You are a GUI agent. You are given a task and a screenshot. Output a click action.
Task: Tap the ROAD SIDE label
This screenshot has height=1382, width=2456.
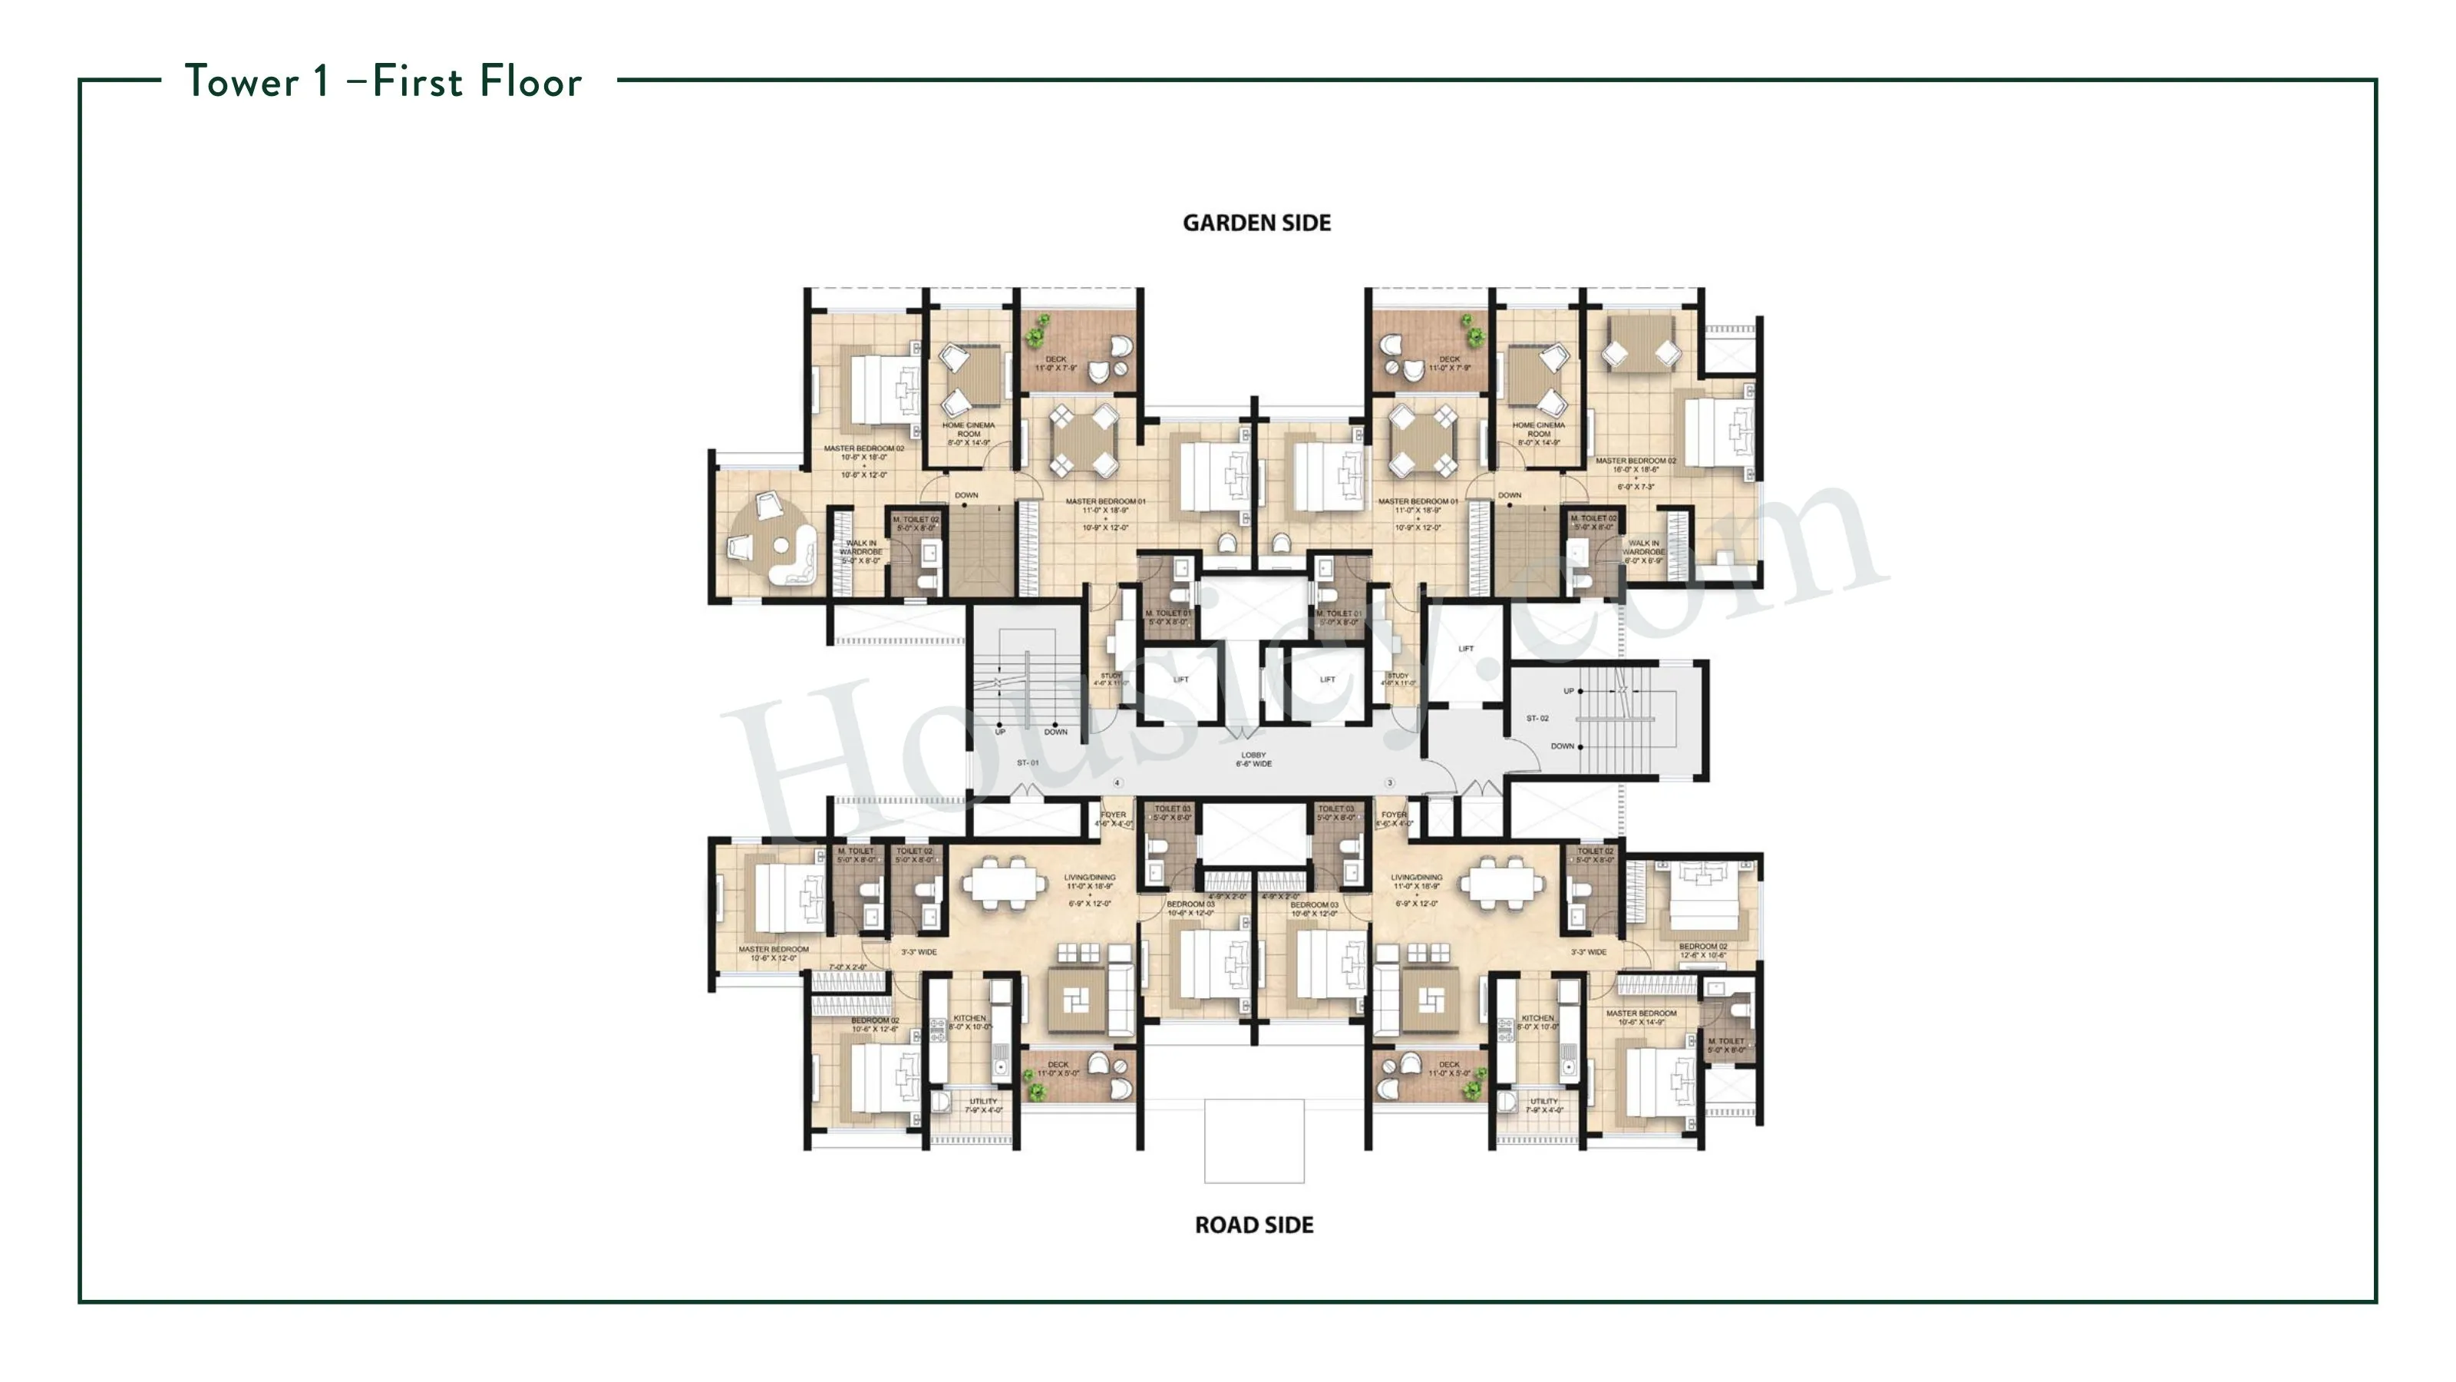(x=1254, y=1225)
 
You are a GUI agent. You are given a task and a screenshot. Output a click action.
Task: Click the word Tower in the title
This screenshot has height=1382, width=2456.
(x=243, y=82)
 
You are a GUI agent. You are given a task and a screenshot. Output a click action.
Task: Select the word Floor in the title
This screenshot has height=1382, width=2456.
(x=530, y=82)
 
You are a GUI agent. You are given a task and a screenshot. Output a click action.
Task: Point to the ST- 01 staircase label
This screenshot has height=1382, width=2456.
(x=1028, y=763)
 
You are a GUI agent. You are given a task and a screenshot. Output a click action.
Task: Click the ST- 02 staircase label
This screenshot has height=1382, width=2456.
(x=1537, y=718)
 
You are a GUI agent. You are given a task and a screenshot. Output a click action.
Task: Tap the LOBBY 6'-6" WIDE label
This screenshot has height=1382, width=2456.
(x=1254, y=759)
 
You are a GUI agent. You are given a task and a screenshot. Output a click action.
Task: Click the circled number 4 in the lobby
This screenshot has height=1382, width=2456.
(x=1117, y=783)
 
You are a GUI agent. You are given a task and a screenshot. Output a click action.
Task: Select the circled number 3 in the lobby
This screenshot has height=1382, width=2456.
(x=1390, y=783)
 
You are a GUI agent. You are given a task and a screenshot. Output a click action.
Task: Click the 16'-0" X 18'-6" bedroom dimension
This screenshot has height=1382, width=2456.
(x=1636, y=469)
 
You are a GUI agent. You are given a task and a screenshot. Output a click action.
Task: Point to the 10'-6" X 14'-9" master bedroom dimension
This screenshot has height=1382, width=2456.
(x=1641, y=1023)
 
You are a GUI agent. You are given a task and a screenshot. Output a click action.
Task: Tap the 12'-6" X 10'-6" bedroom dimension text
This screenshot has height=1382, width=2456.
(x=1703, y=954)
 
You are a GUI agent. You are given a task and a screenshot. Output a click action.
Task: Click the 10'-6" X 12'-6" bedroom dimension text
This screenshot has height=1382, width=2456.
(x=874, y=1029)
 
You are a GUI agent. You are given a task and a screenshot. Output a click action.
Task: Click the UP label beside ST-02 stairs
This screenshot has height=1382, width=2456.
(x=1568, y=690)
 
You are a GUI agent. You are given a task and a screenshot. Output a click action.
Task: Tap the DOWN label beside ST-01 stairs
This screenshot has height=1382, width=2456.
(x=1055, y=732)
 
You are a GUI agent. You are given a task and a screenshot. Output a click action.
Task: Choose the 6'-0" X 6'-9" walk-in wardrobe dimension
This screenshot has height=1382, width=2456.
(x=1644, y=560)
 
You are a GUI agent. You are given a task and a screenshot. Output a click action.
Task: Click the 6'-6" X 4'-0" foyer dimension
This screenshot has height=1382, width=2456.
(x=1394, y=823)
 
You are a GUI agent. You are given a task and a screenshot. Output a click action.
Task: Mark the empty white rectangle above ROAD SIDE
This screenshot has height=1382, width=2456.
(x=1254, y=1141)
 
